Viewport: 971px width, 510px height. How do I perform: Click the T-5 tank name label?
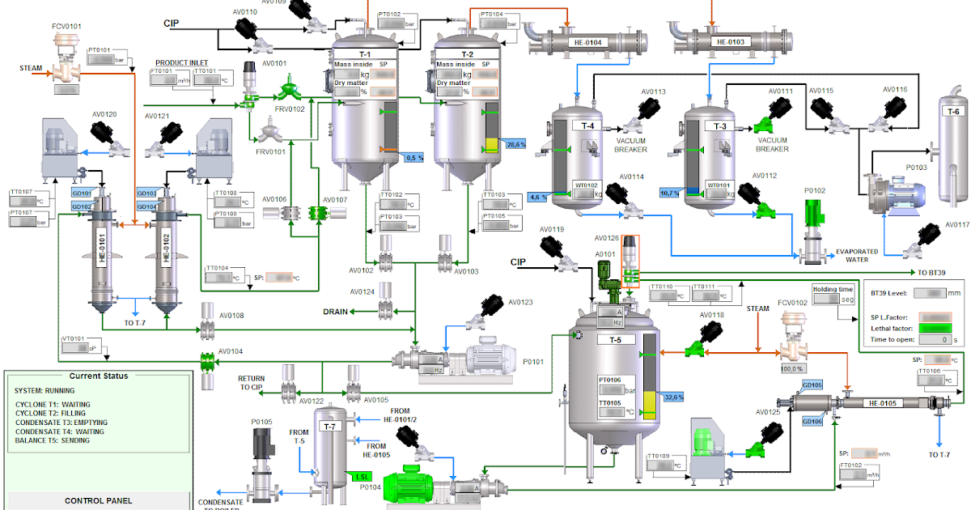615,340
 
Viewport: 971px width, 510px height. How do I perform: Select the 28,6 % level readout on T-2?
515,144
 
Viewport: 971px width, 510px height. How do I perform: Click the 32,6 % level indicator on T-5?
672,397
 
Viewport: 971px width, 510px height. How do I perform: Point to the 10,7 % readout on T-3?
669,193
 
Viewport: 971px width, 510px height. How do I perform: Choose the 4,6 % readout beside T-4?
537,197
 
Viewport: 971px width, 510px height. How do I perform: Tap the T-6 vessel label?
953,112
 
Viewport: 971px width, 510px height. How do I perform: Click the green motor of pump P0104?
413,487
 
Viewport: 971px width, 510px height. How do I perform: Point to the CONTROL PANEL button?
98,501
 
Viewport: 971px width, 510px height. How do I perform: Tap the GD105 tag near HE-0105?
812,385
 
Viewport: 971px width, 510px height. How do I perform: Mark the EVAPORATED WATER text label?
857,256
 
